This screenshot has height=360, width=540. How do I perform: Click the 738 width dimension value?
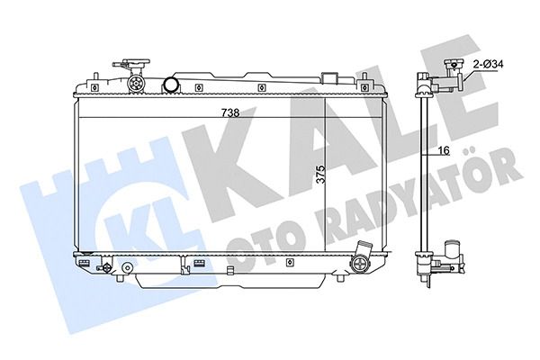230,112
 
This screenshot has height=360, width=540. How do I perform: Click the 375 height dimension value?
320,175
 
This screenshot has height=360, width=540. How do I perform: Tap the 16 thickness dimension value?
445,150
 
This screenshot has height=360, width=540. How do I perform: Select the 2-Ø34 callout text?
489,64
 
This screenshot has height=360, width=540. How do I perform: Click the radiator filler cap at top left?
132,65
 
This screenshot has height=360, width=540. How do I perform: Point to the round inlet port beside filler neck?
171,85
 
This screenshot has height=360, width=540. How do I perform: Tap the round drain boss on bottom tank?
128,267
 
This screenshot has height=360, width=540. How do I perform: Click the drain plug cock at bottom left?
105,267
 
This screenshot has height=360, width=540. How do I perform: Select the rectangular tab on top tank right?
328,78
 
